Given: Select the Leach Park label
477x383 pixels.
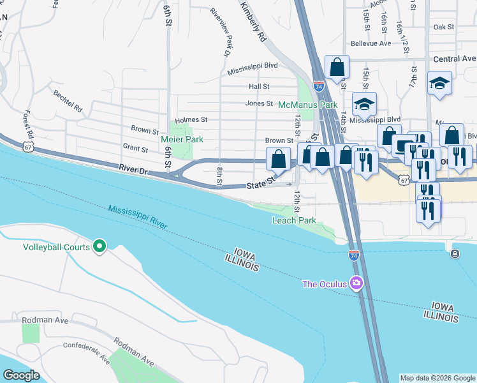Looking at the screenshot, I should pyautogui.click(x=294, y=220).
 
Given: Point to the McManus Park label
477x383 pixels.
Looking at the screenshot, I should pyautogui.click(x=307, y=104).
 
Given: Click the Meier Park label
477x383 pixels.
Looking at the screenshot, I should pyautogui.click(x=181, y=139).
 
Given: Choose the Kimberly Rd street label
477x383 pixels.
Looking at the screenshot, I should pyautogui.click(x=253, y=21).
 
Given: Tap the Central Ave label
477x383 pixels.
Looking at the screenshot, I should pyautogui.click(x=455, y=59).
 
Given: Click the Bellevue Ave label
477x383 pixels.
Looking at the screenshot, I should pyautogui.click(x=371, y=44).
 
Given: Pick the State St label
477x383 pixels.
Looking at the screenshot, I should pyautogui.click(x=260, y=183).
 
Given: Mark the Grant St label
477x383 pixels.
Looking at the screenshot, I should pyautogui.click(x=135, y=149).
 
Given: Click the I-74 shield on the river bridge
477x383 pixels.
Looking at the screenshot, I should pyautogui.click(x=353, y=255).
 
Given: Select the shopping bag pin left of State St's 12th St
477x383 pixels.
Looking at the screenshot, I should pyautogui.click(x=278, y=159).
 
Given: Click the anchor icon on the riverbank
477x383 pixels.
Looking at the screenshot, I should pyautogui.click(x=454, y=254).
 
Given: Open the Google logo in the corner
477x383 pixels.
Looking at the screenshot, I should pyautogui.click(x=22, y=375).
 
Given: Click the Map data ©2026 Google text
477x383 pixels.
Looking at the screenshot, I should pyautogui.click(x=437, y=378).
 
